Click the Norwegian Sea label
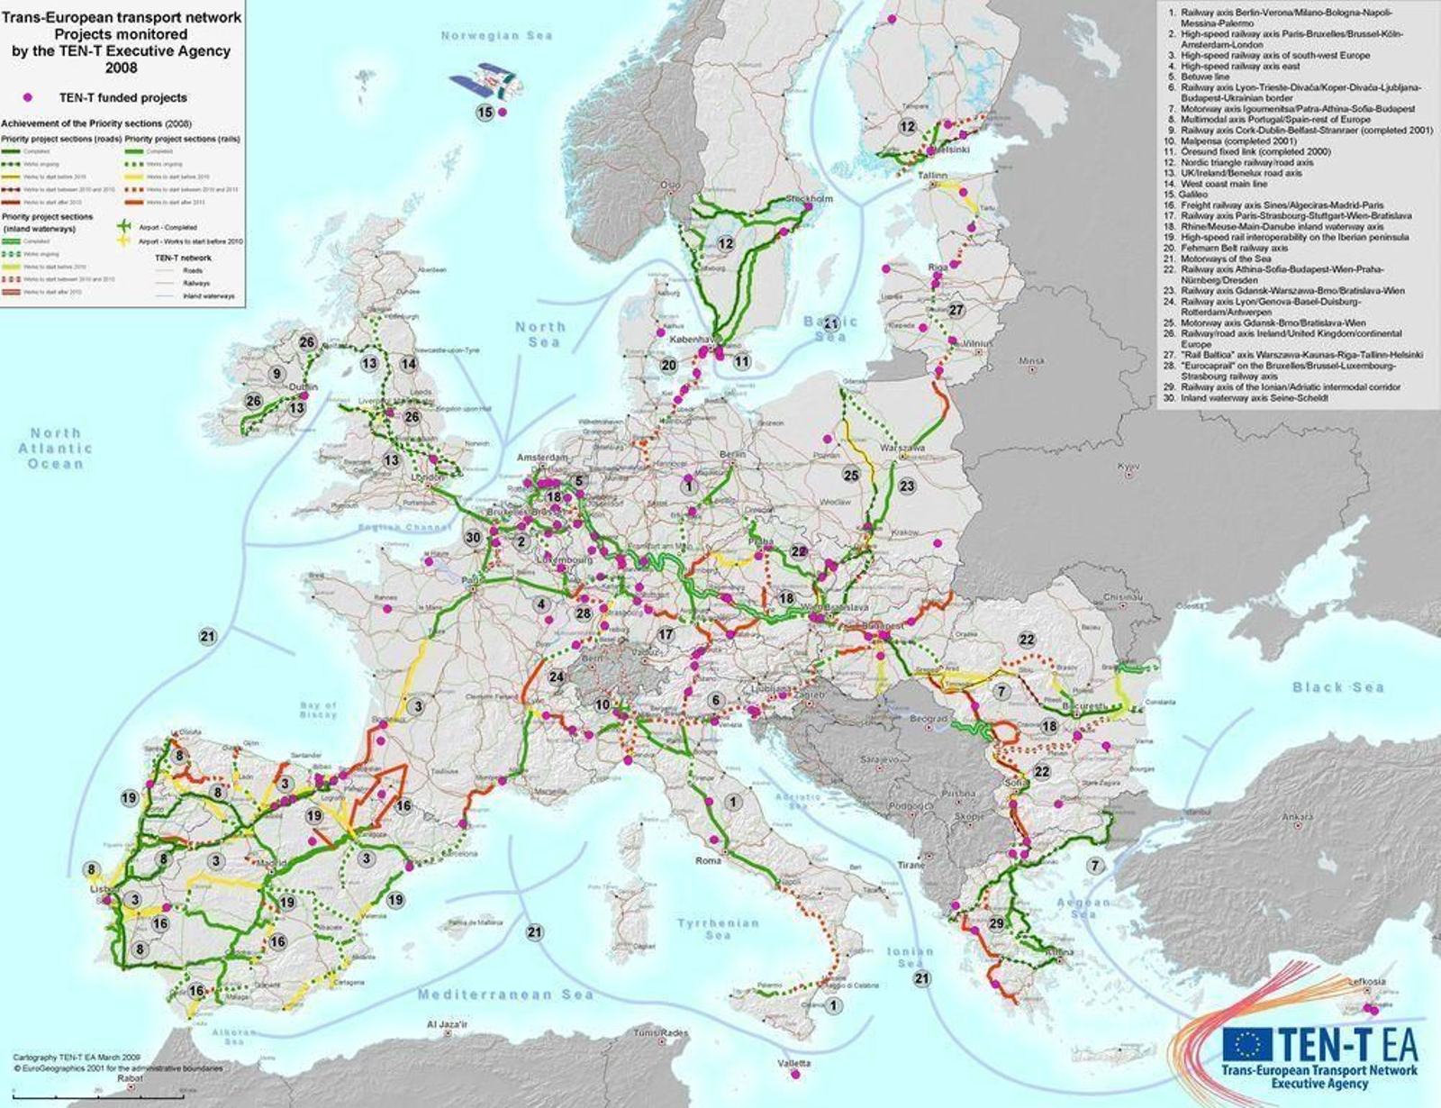click(x=496, y=36)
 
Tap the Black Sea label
click(x=1337, y=687)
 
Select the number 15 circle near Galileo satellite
click(x=485, y=113)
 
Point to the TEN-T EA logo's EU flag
click(x=1247, y=1044)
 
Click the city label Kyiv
click(x=1128, y=467)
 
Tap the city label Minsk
click(x=1032, y=361)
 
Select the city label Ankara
click(x=1297, y=818)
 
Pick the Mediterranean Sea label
click(x=505, y=994)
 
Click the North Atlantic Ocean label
click(x=55, y=448)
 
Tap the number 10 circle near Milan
click(x=603, y=704)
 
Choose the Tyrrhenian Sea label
click(x=718, y=929)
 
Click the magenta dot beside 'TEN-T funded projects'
click(x=28, y=97)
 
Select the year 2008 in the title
click(x=121, y=68)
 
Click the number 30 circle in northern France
click(x=474, y=537)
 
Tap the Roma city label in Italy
click(x=709, y=860)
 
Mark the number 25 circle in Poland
click(x=851, y=475)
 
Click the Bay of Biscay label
click(x=318, y=710)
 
